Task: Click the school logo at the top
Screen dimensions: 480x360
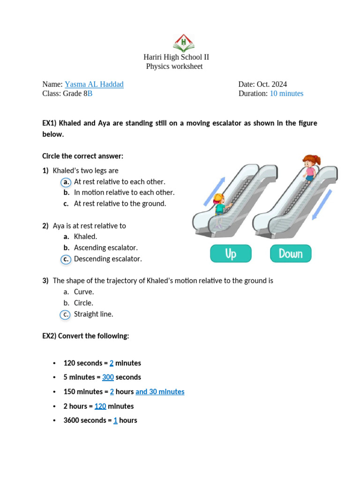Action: pyautogui.click(x=183, y=43)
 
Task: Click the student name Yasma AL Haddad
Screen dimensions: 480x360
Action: pyautogui.click(x=94, y=84)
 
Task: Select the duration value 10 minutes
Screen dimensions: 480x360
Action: pyautogui.click(x=286, y=94)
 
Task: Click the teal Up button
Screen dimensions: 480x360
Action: pyautogui.click(x=231, y=254)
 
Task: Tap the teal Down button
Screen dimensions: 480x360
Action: pyautogui.click(x=291, y=254)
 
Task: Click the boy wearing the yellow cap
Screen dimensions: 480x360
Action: pyautogui.click(x=220, y=206)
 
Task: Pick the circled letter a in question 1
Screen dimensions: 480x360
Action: pyautogui.click(x=66, y=182)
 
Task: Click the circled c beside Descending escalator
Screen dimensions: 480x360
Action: pyautogui.click(x=66, y=259)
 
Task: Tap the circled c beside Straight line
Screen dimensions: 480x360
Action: pyautogui.click(x=66, y=315)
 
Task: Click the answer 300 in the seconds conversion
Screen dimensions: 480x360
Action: pyautogui.click(x=108, y=377)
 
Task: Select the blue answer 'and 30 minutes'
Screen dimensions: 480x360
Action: pyautogui.click(x=160, y=392)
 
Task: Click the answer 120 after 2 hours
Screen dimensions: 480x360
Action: pyautogui.click(x=100, y=406)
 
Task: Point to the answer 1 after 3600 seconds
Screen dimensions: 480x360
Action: pyautogui.click(x=115, y=420)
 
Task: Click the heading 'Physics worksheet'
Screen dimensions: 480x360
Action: pyautogui.click(x=174, y=67)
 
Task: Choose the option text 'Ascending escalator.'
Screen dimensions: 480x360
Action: pyautogui.click(x=106, y=247)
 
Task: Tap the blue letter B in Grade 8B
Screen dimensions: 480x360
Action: pyautogui.click(x=90, y=94)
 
